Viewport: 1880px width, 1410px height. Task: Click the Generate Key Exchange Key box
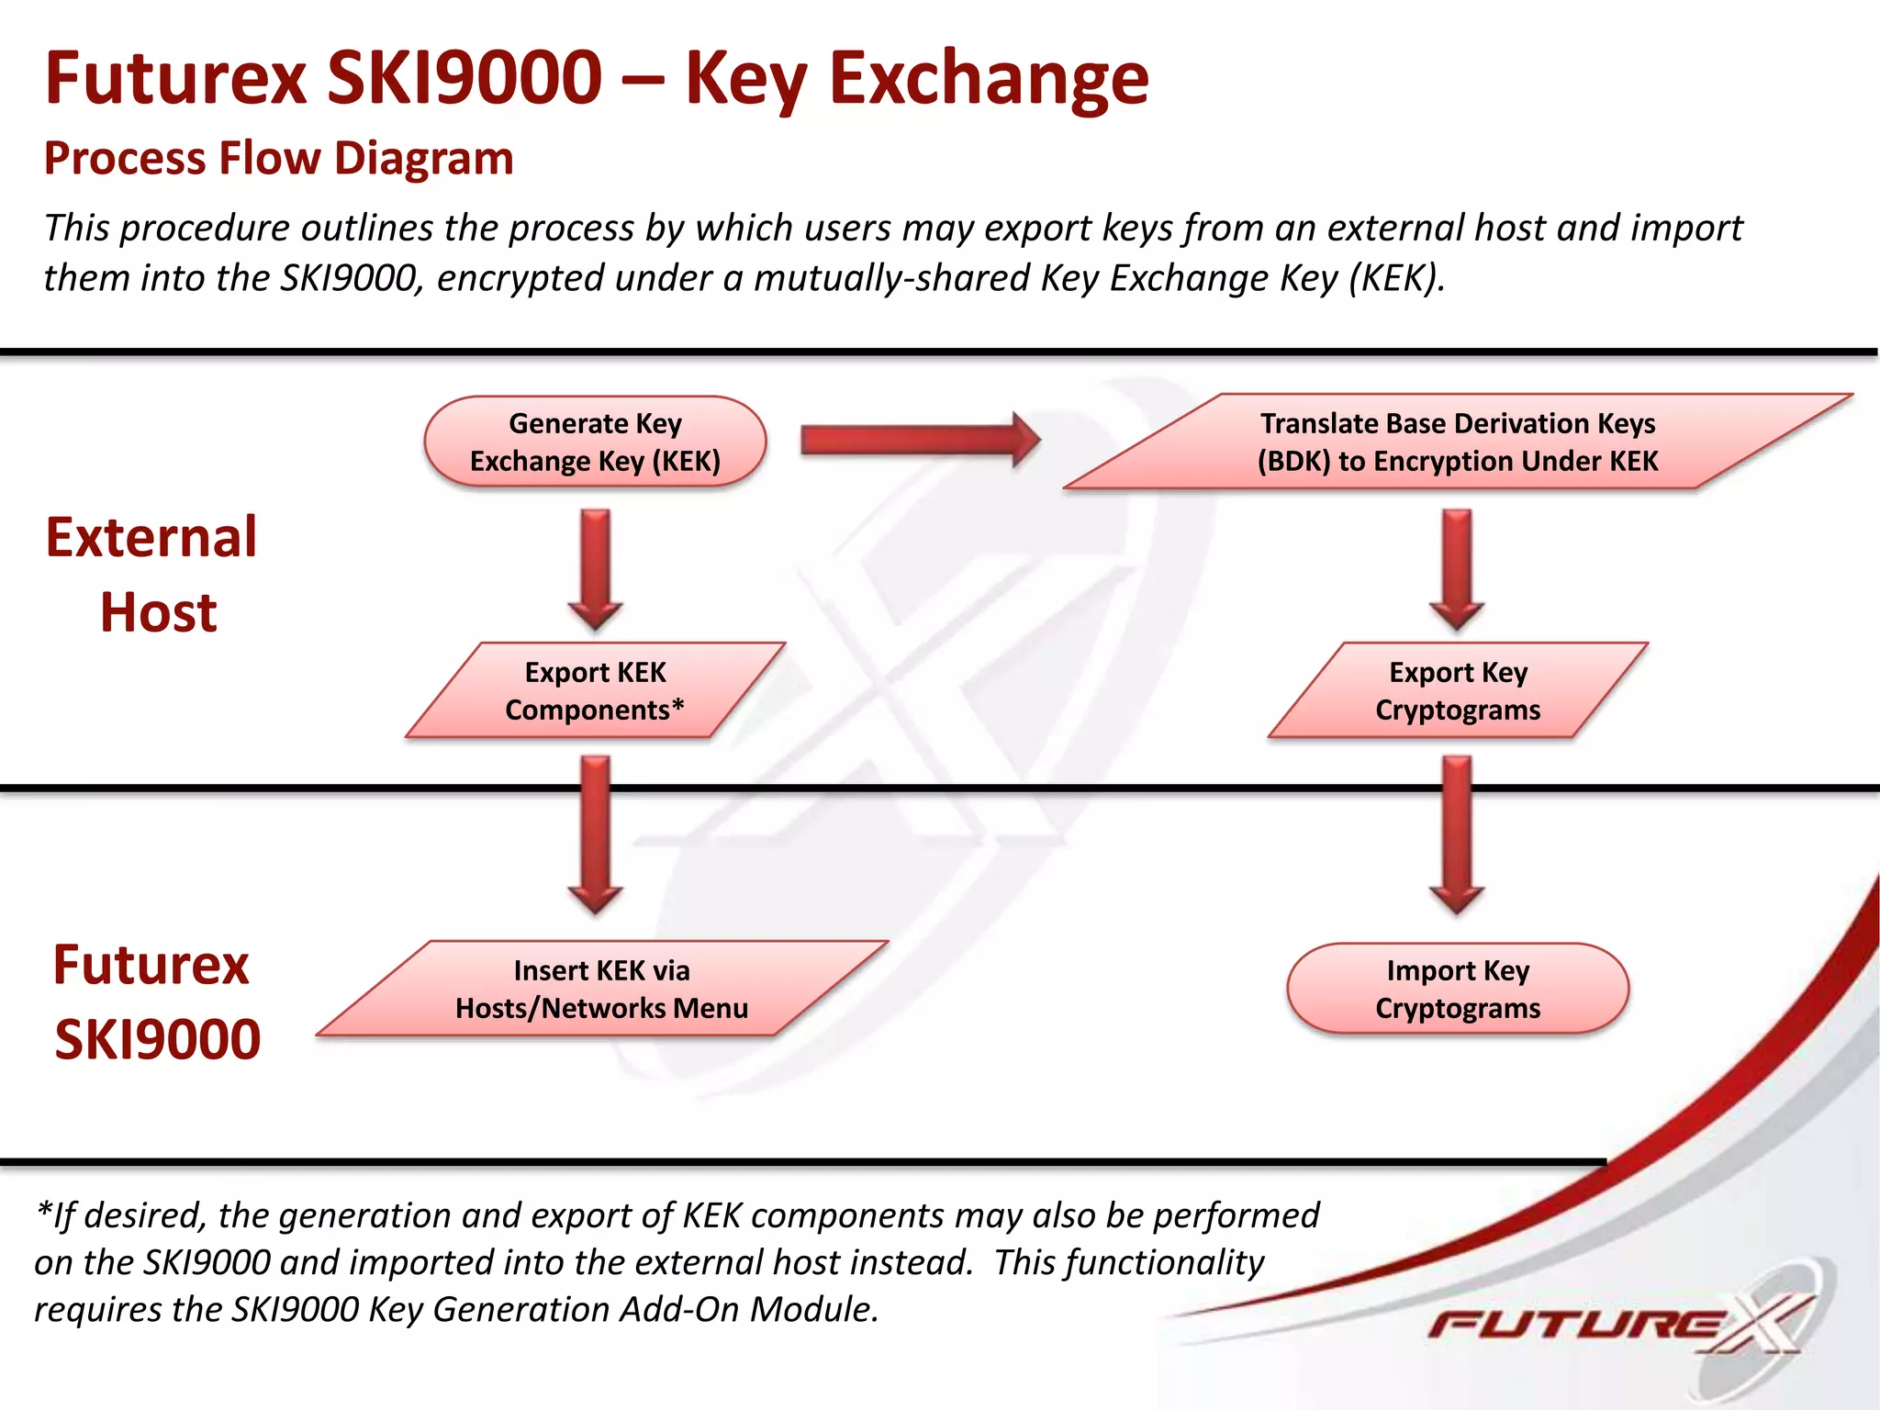[595, 442]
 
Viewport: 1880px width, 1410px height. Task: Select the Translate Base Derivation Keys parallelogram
[1458, 442]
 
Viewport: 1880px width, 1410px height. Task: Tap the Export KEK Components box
[595, 690]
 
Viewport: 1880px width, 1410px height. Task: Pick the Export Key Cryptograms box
[1458, 690]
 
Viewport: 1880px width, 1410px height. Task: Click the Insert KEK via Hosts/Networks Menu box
[601, 989]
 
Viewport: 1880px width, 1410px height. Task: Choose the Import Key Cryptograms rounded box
[1458, 989]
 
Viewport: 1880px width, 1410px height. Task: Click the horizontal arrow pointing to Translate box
[918, 441]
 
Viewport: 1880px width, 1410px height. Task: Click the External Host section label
[152, 575]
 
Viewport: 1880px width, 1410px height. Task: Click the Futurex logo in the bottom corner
[1616, 1324]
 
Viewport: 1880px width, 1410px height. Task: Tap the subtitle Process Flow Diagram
[278, 158]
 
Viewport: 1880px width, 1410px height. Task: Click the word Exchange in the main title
[989, 79]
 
